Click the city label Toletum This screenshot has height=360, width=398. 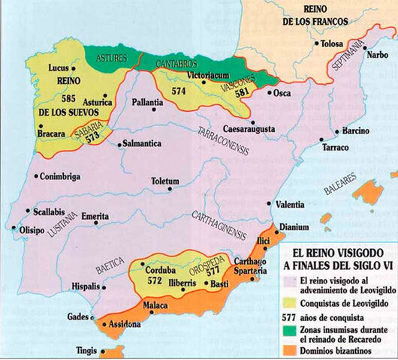(x=164, y=181)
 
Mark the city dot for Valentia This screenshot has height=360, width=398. (x=269, y=204)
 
